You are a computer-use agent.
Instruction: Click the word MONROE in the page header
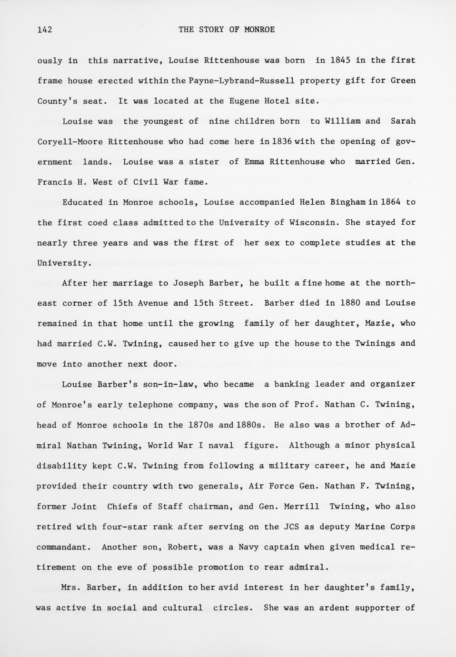coord(259,30)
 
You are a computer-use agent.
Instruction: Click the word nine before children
coord(219,121)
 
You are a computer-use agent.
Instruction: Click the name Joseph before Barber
coord(188,283)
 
